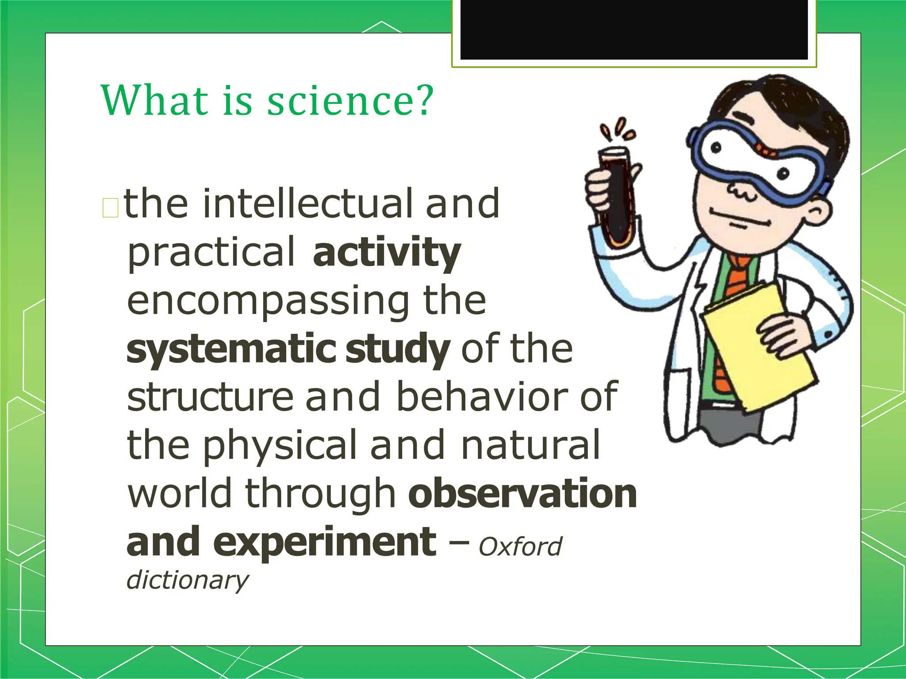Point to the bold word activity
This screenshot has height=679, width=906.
click(x=387, y=252)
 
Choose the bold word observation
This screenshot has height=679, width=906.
click(x=522, y=494)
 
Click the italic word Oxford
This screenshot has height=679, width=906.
click(x=520, y=547)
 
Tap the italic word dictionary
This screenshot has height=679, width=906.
click(x=188, y=580)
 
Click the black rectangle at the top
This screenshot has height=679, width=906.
click(x=633, y=29)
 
